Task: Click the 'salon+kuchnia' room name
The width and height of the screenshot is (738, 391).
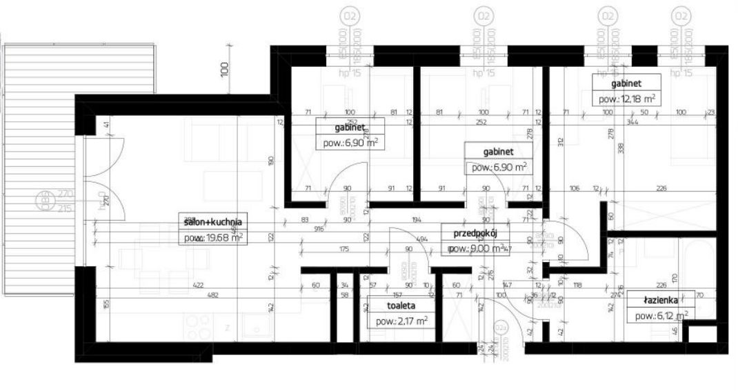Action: [x=213, y=221]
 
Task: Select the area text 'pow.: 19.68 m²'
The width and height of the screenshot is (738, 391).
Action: [x=213, y=238]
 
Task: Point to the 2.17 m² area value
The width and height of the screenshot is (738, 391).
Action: [x=401, y=321]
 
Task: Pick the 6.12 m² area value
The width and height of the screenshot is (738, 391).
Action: [x=659, y=316]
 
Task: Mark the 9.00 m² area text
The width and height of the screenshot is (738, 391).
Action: [x=478, y=249]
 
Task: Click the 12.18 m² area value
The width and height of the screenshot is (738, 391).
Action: [x=626, y=99]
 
